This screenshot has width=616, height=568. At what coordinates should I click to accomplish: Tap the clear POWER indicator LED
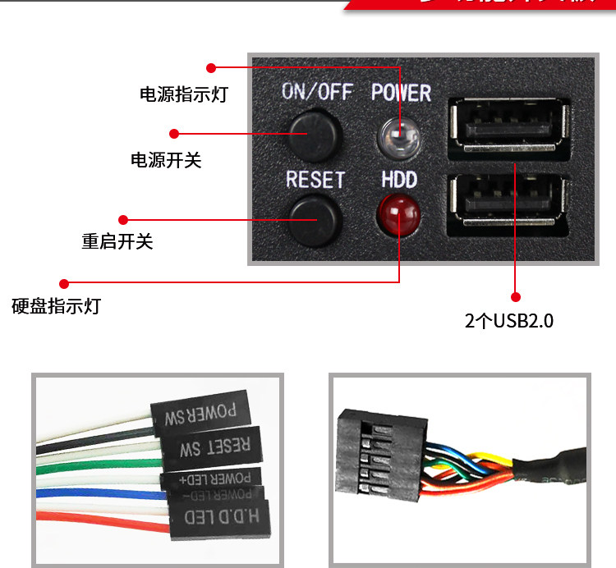click(398, 135)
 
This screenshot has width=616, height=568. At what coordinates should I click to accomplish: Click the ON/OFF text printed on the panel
click(317, 91)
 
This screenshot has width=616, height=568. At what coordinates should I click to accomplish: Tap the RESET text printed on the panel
click(315, 178)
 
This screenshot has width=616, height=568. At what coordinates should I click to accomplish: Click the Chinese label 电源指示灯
click(183, 94)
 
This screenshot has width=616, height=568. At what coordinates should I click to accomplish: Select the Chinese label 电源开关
click(166, 160)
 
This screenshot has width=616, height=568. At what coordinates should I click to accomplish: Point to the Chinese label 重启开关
click(117, 242)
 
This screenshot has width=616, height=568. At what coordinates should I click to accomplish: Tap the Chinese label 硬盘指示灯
click(56, 307)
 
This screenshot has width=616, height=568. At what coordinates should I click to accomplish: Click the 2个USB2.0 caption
click(509, 321)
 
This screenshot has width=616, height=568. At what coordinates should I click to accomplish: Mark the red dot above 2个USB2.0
click(516, 297)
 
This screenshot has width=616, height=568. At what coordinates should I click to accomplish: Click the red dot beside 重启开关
click(123, 220)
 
